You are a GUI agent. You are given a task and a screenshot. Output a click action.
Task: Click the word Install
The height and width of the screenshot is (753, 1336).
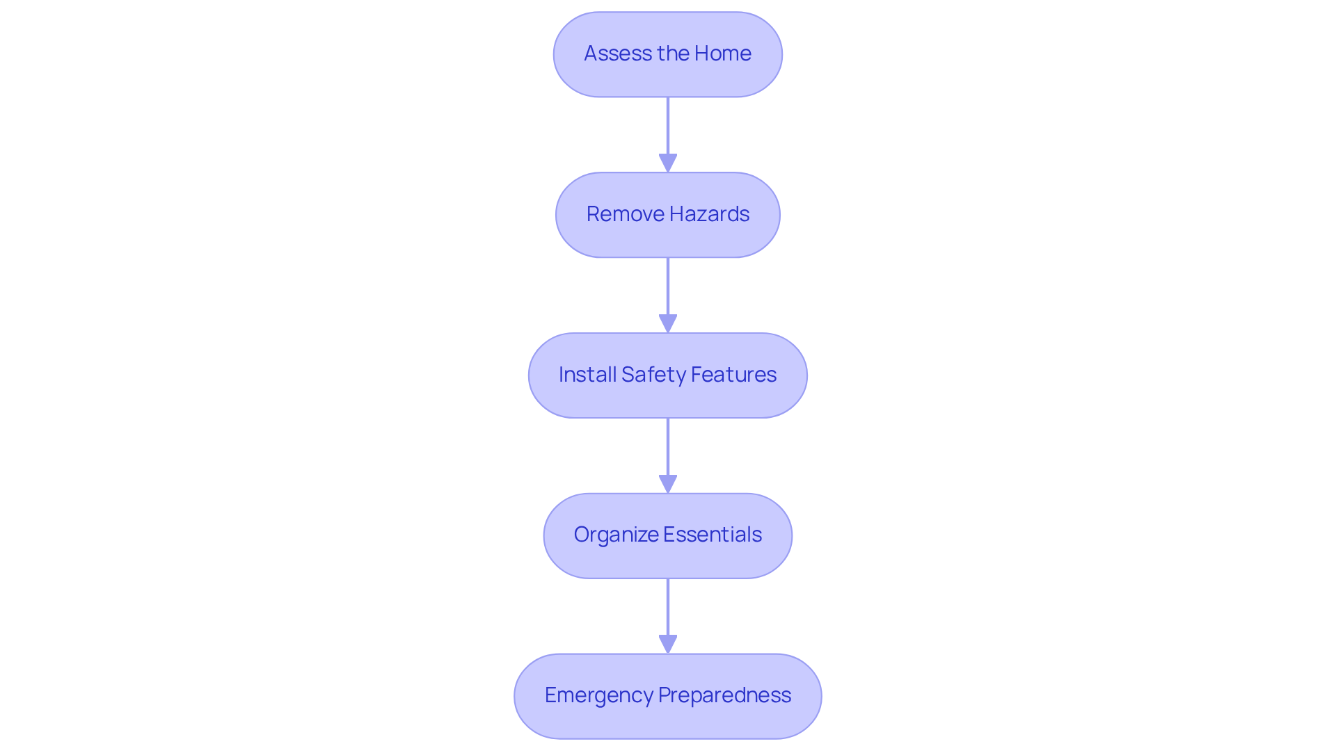tap(587, 375)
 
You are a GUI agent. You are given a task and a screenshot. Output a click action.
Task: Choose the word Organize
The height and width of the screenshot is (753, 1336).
tap(616, 535)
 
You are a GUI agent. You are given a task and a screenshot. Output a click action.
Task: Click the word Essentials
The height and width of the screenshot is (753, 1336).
tap(713, 535)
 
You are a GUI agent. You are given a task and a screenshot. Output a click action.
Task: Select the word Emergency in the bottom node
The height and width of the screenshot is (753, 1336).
tap(598, 695)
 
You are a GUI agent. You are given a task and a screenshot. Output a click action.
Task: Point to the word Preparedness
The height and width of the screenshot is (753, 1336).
tap(724, 695)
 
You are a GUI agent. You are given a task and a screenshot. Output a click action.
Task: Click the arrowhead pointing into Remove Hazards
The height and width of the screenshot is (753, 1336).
tap(668, 163)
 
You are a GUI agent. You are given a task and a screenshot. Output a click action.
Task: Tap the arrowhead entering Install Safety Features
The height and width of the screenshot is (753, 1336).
tap(668, 324)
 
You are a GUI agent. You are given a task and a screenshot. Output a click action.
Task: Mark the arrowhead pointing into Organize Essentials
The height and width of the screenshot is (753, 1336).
tap(668, 485)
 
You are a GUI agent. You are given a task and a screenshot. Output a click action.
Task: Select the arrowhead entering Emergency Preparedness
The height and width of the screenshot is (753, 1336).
tap(668, 645)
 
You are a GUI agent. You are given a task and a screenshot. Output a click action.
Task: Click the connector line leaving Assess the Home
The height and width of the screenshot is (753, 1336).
tap(668, 125)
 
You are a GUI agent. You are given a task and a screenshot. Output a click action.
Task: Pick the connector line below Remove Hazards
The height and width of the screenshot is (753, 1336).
tap(668, 286)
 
